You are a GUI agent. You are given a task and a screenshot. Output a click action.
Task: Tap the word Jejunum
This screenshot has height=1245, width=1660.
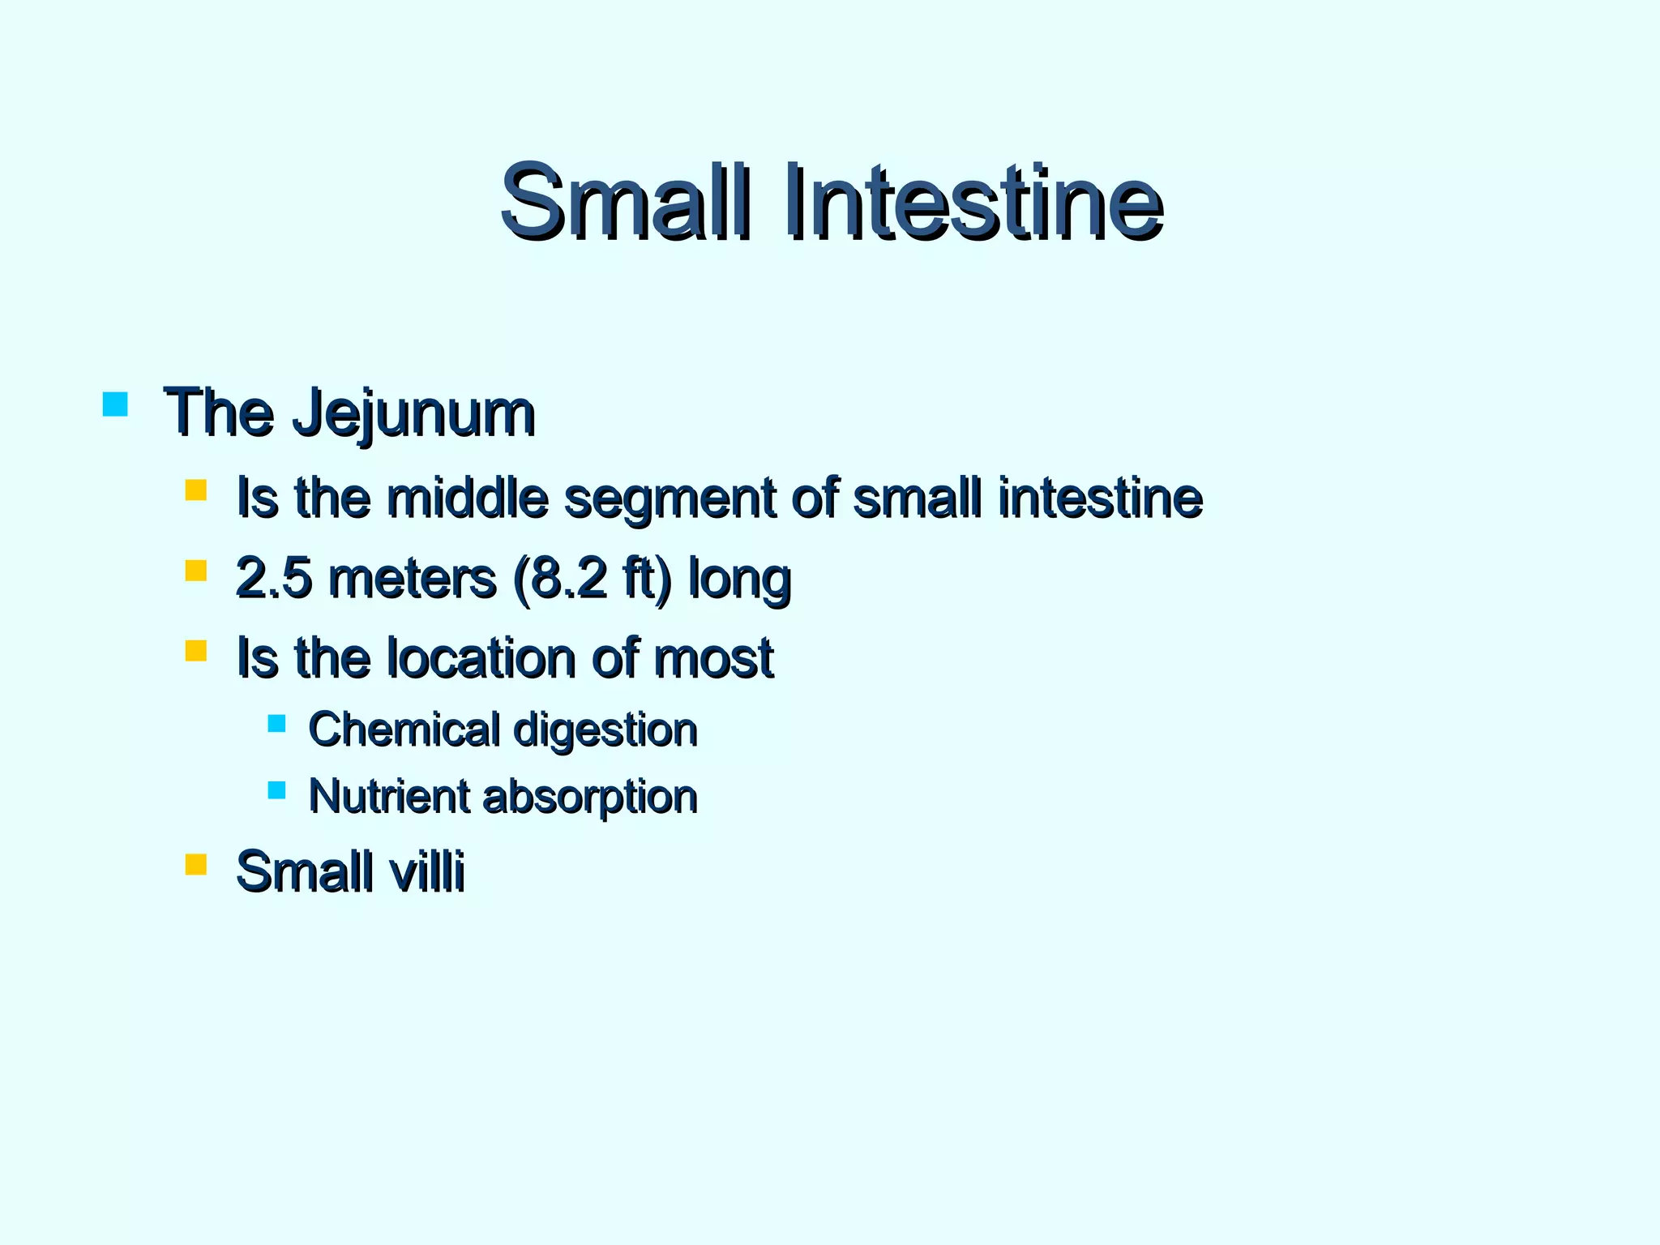pos(413,413)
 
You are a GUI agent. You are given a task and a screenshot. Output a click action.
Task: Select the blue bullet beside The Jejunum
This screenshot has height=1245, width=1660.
pos(116,404)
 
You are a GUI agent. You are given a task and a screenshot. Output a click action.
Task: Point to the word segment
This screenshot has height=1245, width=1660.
pos(670,498)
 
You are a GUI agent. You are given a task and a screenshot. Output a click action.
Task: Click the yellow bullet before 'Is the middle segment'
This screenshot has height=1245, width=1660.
pos(195,490)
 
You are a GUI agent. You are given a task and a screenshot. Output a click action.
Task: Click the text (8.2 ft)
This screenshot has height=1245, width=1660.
pos(593,579)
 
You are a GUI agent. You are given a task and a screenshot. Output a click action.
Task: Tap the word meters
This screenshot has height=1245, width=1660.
pos(413,578)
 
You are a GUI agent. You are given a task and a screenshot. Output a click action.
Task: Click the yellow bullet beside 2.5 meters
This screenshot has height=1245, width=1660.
pos(195,571)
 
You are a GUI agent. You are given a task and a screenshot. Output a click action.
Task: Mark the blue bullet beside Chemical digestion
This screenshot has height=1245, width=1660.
pos(276,723)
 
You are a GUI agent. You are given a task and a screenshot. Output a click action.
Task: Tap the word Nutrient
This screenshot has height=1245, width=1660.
pos(389,796)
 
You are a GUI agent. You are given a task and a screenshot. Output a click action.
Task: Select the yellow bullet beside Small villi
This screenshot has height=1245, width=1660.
pos(195,864)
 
